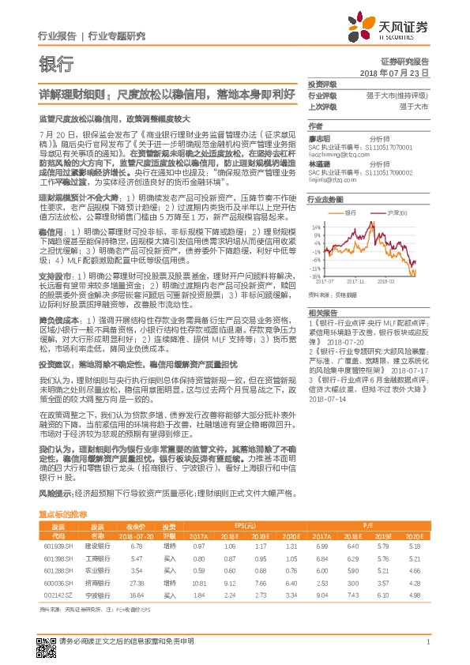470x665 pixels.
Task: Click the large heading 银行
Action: point(52,63)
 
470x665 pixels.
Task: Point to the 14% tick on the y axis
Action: point(316,227)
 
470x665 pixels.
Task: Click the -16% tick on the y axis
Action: point(315,277)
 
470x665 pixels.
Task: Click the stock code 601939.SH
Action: point(58,545)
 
